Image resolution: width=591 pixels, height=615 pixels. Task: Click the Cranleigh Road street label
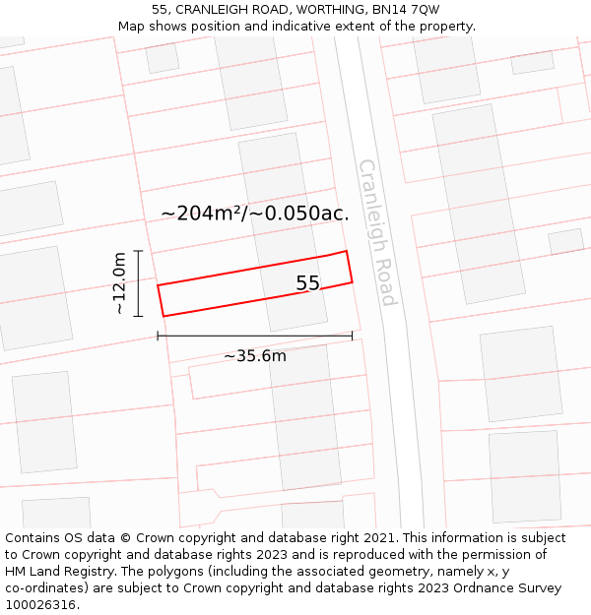point(376,232)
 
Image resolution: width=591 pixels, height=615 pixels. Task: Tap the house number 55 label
point(307,283)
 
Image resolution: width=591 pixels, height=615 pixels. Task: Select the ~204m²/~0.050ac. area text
point(254,213)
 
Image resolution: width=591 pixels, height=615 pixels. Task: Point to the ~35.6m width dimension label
point(254,355)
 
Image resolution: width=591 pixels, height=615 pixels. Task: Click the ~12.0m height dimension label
point(119,283)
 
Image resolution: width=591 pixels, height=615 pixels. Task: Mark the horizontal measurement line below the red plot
point(254,337)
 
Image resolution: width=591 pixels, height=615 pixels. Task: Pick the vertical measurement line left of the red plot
point(138,283)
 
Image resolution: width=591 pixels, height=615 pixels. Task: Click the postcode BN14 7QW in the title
point(407,10)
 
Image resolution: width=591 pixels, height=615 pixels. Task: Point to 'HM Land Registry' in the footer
point(57,572)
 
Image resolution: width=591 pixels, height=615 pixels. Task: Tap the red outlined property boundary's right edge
point(350,268)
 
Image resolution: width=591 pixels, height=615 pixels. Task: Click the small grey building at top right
point(532,62)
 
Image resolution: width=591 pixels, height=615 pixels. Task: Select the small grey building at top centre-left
point(162,58)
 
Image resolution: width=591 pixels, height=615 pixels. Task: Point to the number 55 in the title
point(160,10)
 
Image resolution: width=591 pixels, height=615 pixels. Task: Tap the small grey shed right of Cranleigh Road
point(565,241)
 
